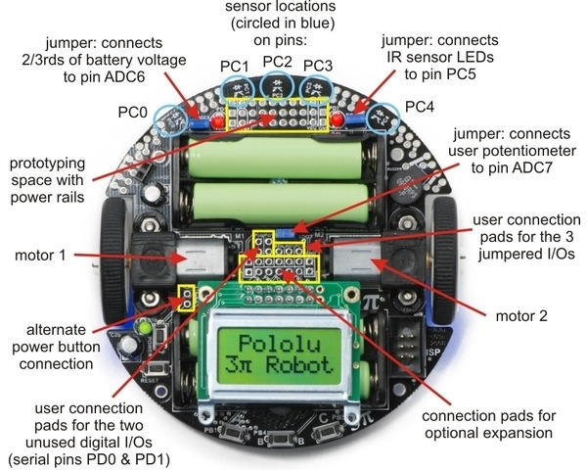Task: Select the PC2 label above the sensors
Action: pyautogui.click(x=277, y=62)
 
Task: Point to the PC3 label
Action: pyautogui.click(x=319, y=66)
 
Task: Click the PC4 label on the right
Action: pyautogui.click(x=420, y=105)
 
